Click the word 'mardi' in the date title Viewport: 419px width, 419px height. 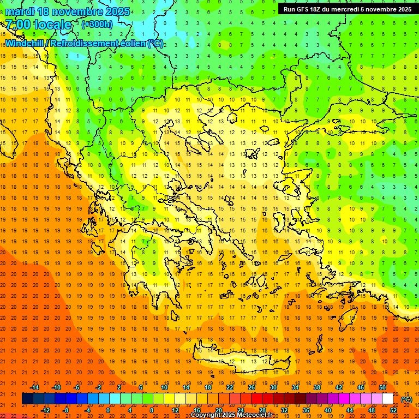coord(18,11)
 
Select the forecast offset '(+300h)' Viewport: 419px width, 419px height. coord(97,25)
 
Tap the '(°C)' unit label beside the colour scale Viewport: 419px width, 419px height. coord(406,399)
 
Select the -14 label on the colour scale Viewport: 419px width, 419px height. coord(34,387)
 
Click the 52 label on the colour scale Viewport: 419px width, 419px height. coord(393,410)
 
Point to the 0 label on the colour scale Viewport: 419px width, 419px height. coord(108,410)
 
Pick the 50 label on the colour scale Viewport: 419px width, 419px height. coord(382,387)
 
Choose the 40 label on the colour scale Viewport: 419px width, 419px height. coord(327,410)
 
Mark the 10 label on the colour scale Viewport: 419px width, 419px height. coord(164,387)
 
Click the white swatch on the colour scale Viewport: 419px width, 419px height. coord(387,399)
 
